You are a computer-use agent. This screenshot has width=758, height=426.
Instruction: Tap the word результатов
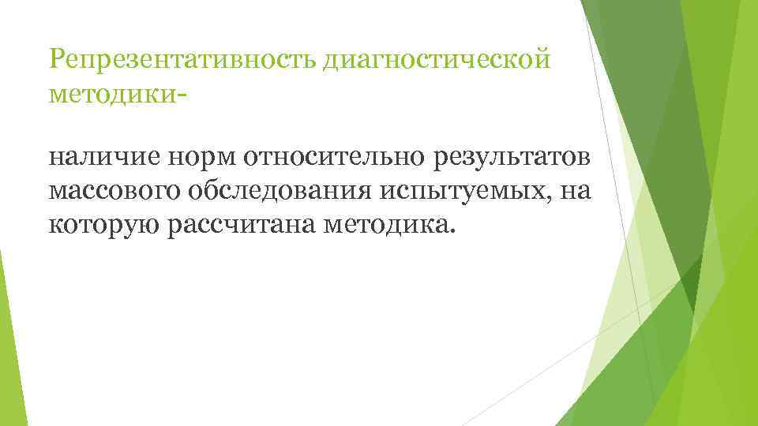(512, 158)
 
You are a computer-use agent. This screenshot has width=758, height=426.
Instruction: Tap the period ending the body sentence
(453, 232)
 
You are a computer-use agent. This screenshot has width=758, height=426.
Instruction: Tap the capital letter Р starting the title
(56, 58)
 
